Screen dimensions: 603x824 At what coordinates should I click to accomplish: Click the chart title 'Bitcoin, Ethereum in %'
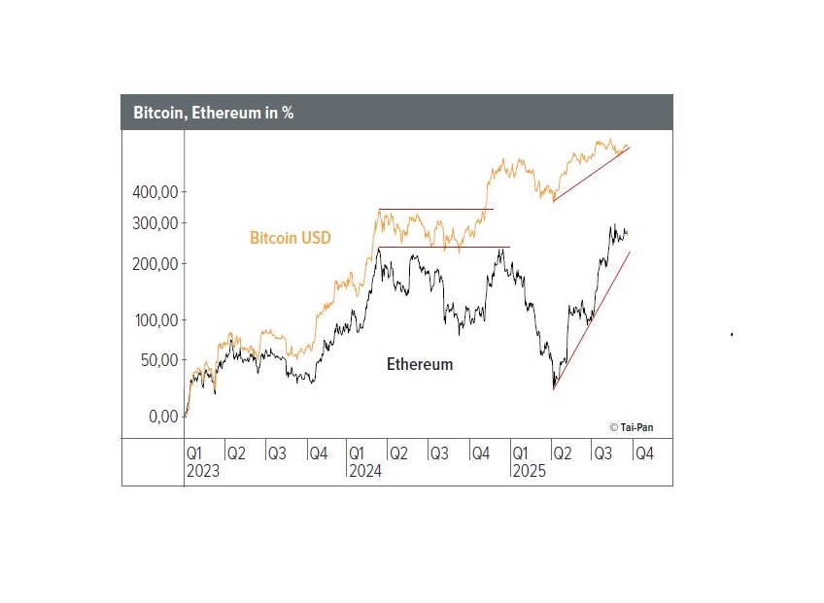[x=214, y=113]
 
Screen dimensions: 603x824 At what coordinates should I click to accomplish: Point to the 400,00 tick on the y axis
[x=154, y=192]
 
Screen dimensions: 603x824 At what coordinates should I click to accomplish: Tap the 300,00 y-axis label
[x=154, y=223]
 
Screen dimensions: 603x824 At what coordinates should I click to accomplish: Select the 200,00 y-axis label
[x=154, y=264]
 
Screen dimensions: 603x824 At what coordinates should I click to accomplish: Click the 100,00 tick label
[x=154, y=320]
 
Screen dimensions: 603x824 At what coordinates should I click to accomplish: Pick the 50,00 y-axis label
[x=158, y=360]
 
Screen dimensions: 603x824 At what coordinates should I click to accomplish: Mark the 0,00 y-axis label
[x=161, y=417]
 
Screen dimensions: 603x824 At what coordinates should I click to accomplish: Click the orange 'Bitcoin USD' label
[x=291, y=238]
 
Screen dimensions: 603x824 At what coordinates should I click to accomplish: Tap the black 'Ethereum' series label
[x=420, y=365]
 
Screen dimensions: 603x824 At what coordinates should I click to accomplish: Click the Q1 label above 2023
[x=194, y=453]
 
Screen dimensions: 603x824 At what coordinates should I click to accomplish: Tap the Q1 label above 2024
[x=358, y=453]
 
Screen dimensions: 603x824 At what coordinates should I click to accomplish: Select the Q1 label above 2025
[x=521, y=453]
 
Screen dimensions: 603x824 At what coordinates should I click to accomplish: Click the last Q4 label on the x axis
[x=644, y=453]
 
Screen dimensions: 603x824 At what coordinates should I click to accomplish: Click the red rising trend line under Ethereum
[x=593, y=319]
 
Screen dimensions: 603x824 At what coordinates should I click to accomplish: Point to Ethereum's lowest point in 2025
[x=554, y=387]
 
